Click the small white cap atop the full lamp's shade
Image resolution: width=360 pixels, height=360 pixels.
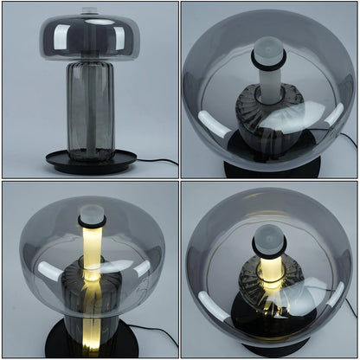(x=90, y=11)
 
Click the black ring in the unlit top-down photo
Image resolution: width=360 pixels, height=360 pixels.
(x=269, y=61)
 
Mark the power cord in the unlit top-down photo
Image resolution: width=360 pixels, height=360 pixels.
(x=345, y=139)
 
